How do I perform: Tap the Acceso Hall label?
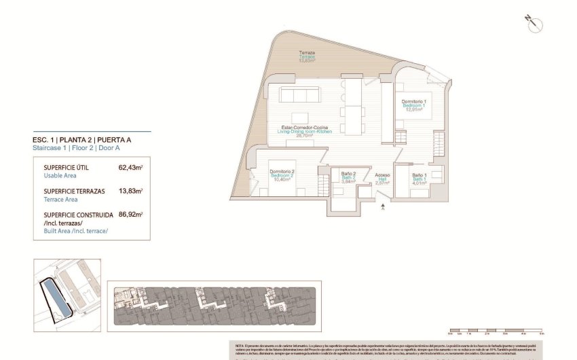382,179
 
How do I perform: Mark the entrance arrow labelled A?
384,206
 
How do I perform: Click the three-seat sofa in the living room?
299,94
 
